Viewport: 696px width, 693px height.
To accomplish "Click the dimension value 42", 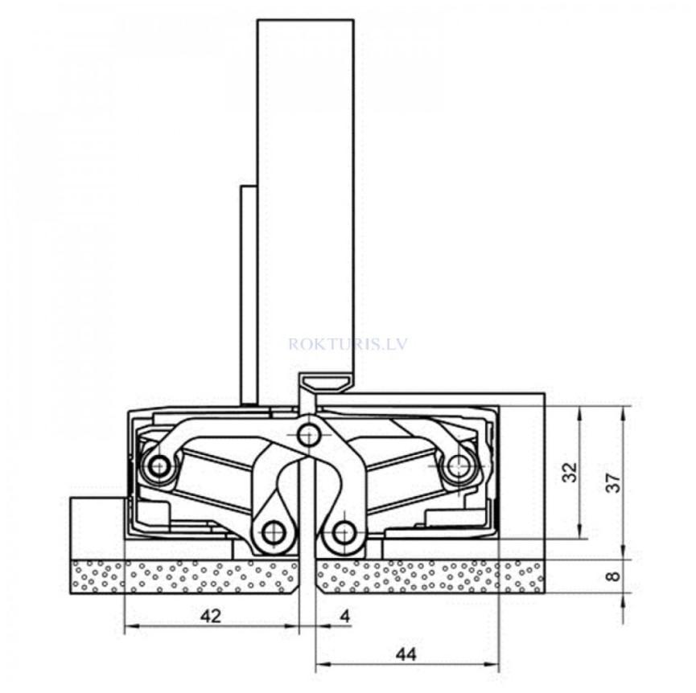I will pos(210,616).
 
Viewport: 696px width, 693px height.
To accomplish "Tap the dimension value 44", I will pos(406,654).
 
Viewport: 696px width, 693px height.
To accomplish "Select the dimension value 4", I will pos(345,616).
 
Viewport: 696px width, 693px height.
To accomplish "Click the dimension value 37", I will pos(613,482).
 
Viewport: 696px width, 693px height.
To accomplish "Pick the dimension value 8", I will pos(613,576).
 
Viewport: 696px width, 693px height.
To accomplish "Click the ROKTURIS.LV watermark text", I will pos(348,343).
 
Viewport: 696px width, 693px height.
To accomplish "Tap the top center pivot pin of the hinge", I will pos(307,436).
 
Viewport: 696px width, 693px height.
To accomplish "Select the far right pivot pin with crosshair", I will pos(459,464).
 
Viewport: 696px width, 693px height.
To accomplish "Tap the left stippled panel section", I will pos(185,576).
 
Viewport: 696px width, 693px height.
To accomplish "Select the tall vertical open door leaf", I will pos(305,193).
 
